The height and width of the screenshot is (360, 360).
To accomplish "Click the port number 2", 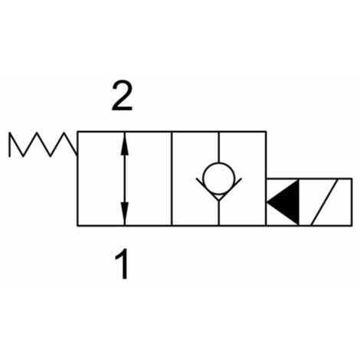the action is [122, 97].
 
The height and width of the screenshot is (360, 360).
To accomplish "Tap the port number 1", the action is [123, 265].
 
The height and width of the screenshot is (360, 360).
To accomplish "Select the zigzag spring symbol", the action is [43, 144].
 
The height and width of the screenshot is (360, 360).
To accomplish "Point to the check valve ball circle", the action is [219, 178].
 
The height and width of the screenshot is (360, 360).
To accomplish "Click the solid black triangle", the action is [283, 202].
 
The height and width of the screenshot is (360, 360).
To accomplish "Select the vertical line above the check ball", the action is [219, 147].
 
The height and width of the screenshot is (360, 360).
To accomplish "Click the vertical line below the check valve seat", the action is [219, 213].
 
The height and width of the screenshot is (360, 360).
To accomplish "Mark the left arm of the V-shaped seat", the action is [208, 189].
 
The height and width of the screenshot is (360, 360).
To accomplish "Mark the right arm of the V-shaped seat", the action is [231, 189].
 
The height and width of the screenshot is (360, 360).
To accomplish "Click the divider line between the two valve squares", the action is [172, 178].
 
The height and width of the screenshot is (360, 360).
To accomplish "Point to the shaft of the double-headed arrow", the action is [124, 178].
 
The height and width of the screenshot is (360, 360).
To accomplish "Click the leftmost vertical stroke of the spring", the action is [9, 145].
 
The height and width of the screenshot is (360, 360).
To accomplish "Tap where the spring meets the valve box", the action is [77, 155].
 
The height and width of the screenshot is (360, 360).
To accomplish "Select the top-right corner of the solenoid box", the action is [352, 178].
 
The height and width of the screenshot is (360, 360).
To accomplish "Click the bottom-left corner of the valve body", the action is [77, 225].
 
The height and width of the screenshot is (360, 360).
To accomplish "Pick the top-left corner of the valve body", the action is [77, 132].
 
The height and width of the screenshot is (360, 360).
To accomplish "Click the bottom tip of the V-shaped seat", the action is [219, 201].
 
